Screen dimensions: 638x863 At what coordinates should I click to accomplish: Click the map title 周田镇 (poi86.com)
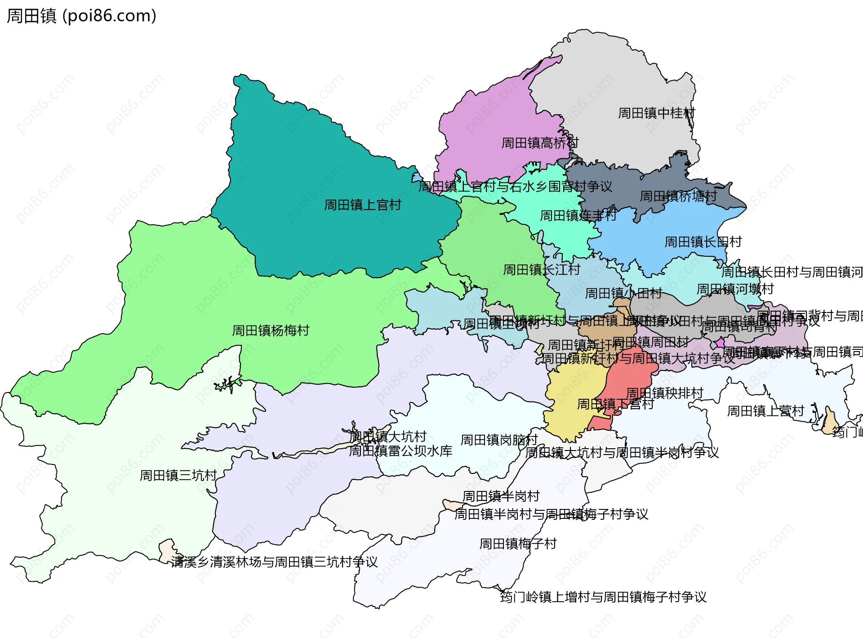tap(81, 16)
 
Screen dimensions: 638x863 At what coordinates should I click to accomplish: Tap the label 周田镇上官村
tap(362, 205)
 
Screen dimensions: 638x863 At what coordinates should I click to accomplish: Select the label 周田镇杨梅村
tap(271, 330)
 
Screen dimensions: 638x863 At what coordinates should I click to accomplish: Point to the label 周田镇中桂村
tap(656, 113)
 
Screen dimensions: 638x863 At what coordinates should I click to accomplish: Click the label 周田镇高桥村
tap(539, 143)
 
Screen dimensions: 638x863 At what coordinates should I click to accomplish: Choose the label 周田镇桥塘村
tap(678, 196)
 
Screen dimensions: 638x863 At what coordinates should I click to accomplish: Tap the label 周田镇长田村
tap(703, 242)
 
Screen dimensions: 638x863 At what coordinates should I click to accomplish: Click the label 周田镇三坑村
tap(178, 475)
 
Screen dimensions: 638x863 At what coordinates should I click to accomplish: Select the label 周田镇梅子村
tap(518, 544)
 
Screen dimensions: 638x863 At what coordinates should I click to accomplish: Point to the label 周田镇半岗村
tap(501, 496)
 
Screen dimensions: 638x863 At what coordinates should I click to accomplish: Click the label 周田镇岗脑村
tap(499, 440)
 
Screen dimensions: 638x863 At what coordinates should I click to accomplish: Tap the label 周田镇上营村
tap(765, 410)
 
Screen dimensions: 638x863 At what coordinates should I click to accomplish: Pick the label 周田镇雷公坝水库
tap(400, 451)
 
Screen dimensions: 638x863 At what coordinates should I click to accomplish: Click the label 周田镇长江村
tap(541, 269)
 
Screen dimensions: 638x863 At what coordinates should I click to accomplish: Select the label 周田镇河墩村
tap(735, 289)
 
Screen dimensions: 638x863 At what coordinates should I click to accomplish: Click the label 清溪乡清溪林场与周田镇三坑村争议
tap(274, 562)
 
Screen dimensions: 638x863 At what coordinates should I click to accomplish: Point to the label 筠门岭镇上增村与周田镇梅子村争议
tap(603, 597)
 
